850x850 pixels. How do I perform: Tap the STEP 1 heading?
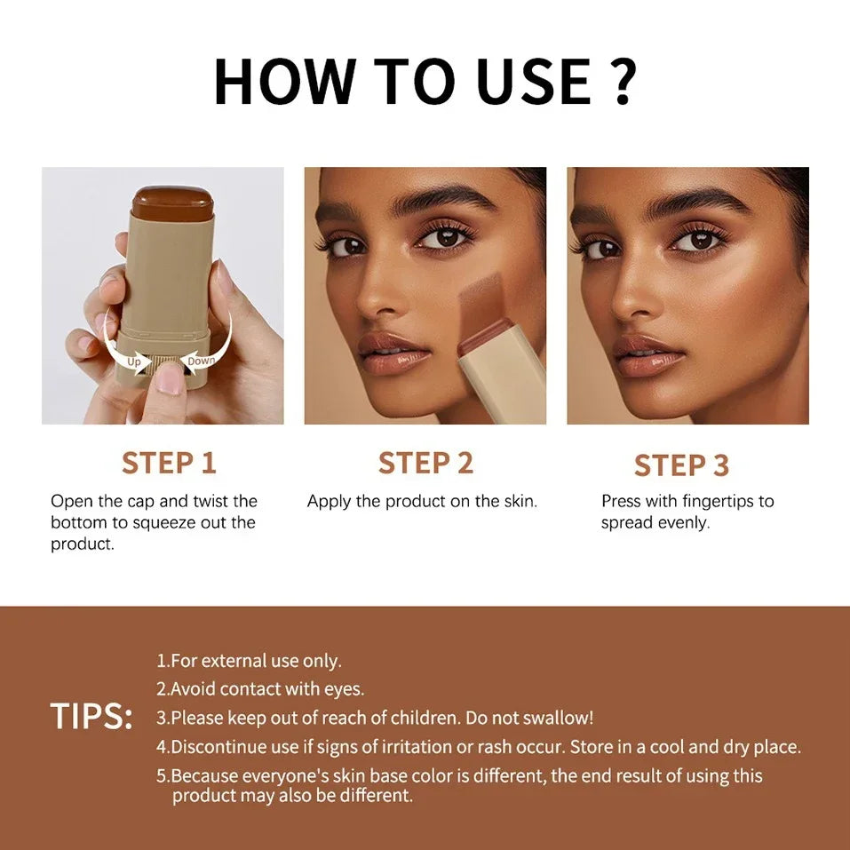pyautogui.click(x=169, y=463)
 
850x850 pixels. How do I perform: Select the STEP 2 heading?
pyautogui.click(x=425, y=463)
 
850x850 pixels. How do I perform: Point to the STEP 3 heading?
pyautogui.click(x=681, y=465)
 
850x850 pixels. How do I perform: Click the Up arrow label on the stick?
pyautogui.click(x=134, y=362)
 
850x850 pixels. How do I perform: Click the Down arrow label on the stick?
pyautogui.click(x=201, y=361)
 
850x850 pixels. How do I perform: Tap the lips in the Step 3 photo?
pyautogui.click(x=648, y=354)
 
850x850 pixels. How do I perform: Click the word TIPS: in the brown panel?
pyautogui.click(x=91, y=717)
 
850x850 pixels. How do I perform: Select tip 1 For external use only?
pyautogui.click(x=250, y=661)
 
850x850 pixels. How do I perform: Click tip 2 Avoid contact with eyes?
pyautogui.click(x=261, y=688)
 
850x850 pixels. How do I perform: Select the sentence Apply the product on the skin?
pyautogui.click(x=422, y=501)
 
